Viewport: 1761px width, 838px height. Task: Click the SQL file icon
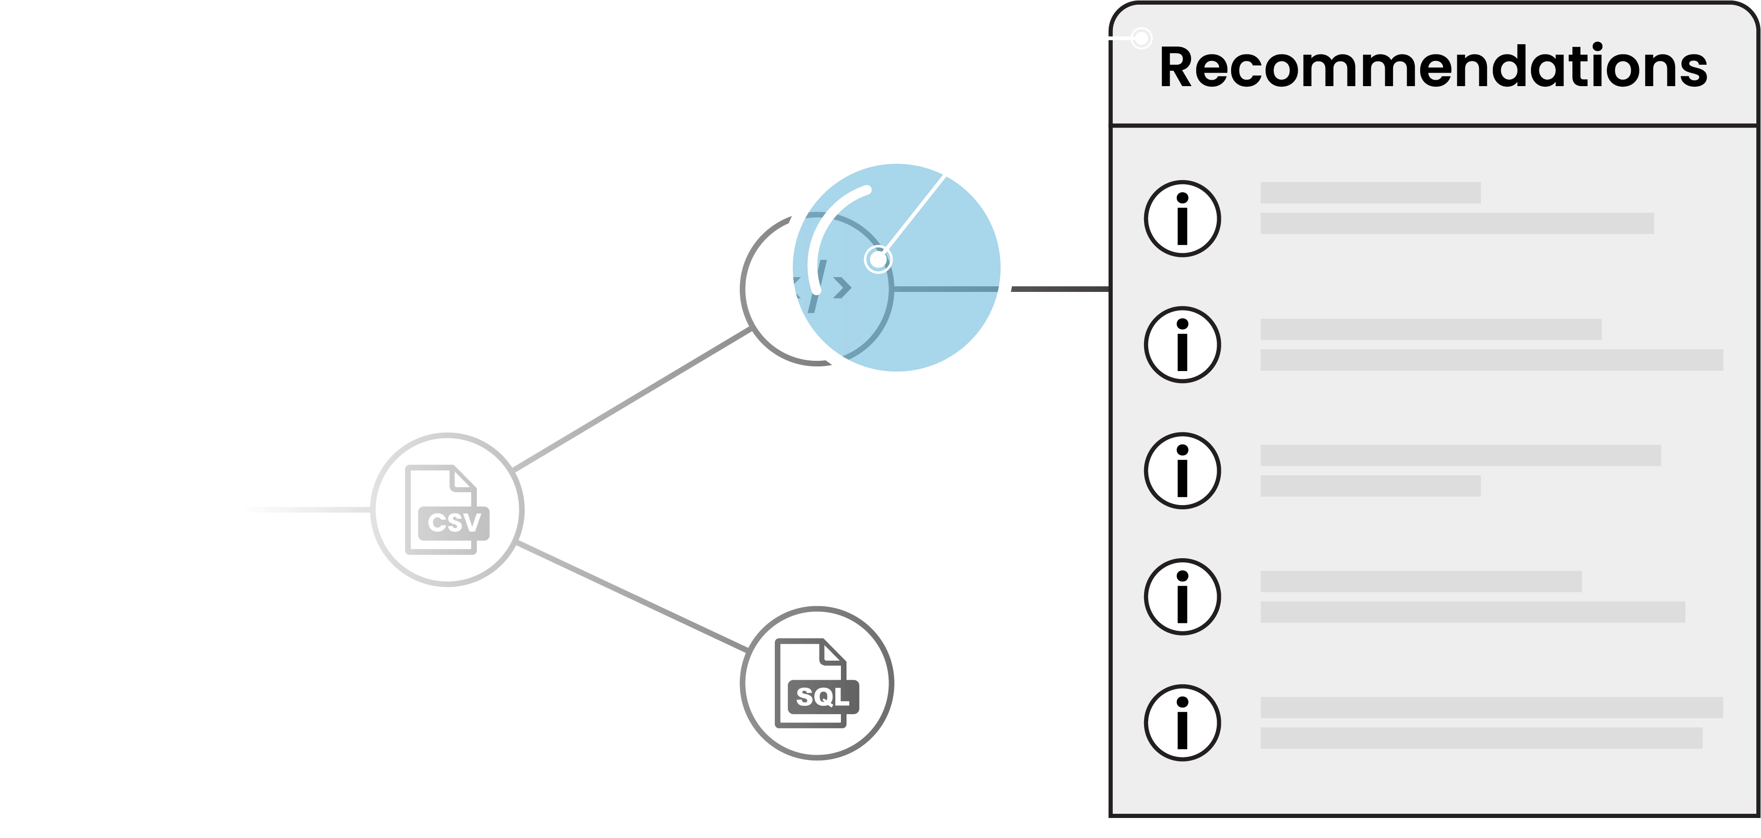(x=816, y=683)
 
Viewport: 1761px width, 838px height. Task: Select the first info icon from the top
(x=1182, y=219)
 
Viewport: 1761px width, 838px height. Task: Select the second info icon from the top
(x=1182, y=345)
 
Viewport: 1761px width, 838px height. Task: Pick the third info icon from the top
(x=1182, y=470)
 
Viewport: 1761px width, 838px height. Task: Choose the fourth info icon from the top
(x=1182, y=597)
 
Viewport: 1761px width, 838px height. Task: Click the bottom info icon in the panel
(x=1182, y=723)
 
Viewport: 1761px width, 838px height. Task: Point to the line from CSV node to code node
(x=632, y=400)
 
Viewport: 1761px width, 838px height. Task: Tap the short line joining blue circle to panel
(x=1060, y=289)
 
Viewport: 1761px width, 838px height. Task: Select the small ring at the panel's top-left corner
(x=1141, y=38)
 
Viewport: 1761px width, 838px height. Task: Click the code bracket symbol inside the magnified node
(x=824, y=287)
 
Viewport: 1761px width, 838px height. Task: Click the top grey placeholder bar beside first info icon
(x=1370, y=193)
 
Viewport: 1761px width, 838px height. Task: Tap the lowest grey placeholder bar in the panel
(x=1481, y=738)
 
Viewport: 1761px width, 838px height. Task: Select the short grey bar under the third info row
(x=1370, y=486)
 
